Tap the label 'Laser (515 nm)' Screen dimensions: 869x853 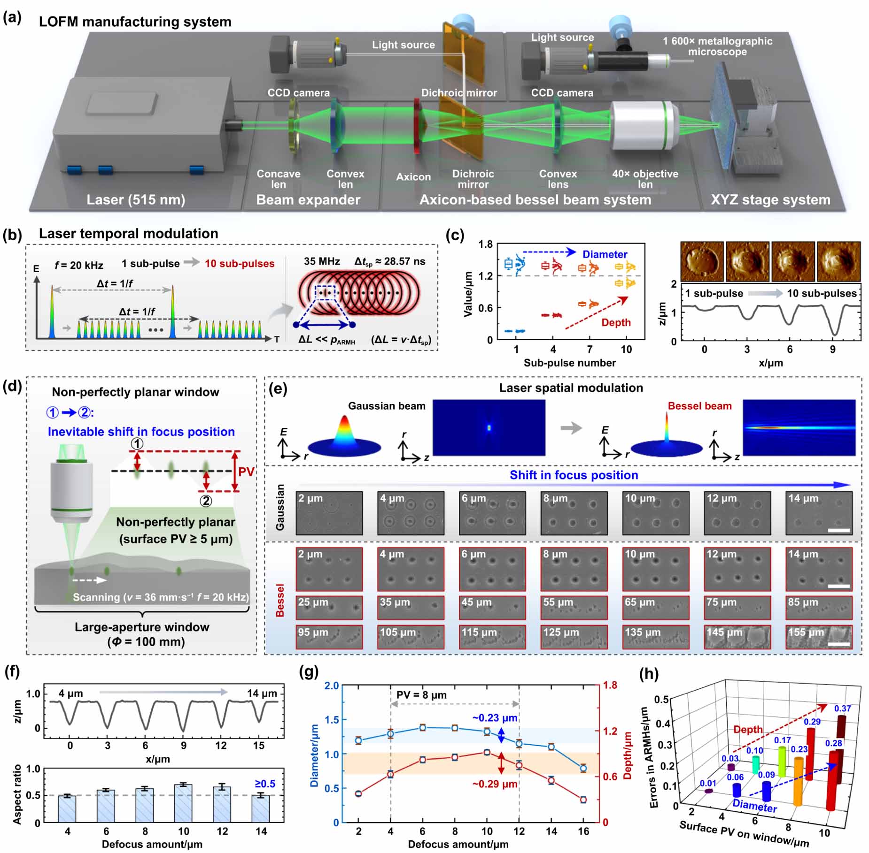click(136, 200)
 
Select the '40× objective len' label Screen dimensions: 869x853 click(645, 179)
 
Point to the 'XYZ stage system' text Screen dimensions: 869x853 click(770, 200)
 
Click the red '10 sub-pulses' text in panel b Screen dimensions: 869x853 click(240, 264)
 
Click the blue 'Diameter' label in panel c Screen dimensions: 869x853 click(605, 254)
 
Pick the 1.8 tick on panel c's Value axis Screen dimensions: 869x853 click(486, 244)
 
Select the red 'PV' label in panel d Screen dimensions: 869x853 click(246, 472)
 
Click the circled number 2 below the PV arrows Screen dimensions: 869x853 click(206, 501)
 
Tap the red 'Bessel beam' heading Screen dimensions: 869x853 click(699, 406)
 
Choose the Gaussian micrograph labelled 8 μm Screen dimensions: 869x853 click(574, 513)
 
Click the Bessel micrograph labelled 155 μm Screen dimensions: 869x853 click(819, 637)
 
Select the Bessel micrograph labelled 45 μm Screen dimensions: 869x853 click(492, 607)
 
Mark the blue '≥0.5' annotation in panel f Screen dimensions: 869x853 click(265, 784)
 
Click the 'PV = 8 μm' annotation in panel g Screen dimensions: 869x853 click(421, 695)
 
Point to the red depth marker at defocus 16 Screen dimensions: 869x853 click(583, 800)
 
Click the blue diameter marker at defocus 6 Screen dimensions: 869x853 click(423, 728)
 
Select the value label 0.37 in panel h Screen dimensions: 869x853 click(842, 708)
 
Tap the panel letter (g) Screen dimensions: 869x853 click(309, 672)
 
